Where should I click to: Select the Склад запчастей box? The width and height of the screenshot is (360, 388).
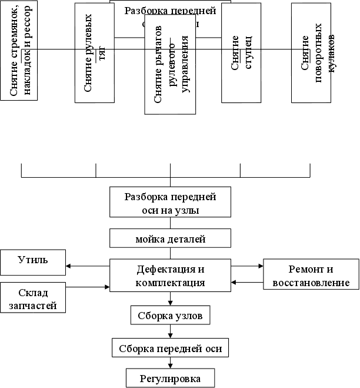pyautogui.click(x=32, y=299)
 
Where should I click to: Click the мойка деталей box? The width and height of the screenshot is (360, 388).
pyautogui.click(x=169, y=238)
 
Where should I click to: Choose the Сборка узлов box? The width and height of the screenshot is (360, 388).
pyautogui.click(x=169, y=316)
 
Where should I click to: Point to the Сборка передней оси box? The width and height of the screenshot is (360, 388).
pyautogui.click(x=169, y=349)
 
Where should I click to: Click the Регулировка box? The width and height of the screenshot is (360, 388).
pyautogui.click(x=169, y=377)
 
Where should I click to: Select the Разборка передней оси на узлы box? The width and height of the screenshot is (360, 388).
pyautogui.click(x=170, y=203)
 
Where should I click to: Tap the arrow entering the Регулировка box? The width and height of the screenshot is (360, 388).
pyautogui.click(x=170, y=364)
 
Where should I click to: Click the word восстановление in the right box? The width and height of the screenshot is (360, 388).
pyautogui.click(x=311, y=283)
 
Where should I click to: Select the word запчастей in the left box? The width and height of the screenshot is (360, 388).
pyautogui.click(x=32, y=305)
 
